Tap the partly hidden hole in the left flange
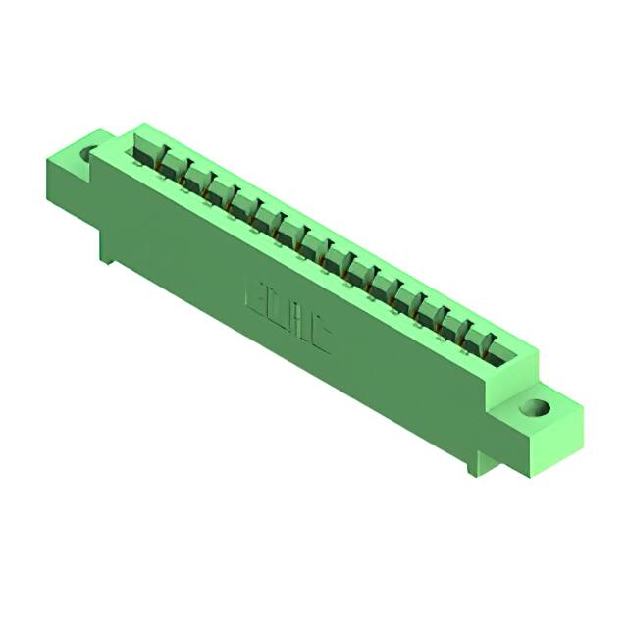pos(89,154)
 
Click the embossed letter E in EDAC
pos(252,296)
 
